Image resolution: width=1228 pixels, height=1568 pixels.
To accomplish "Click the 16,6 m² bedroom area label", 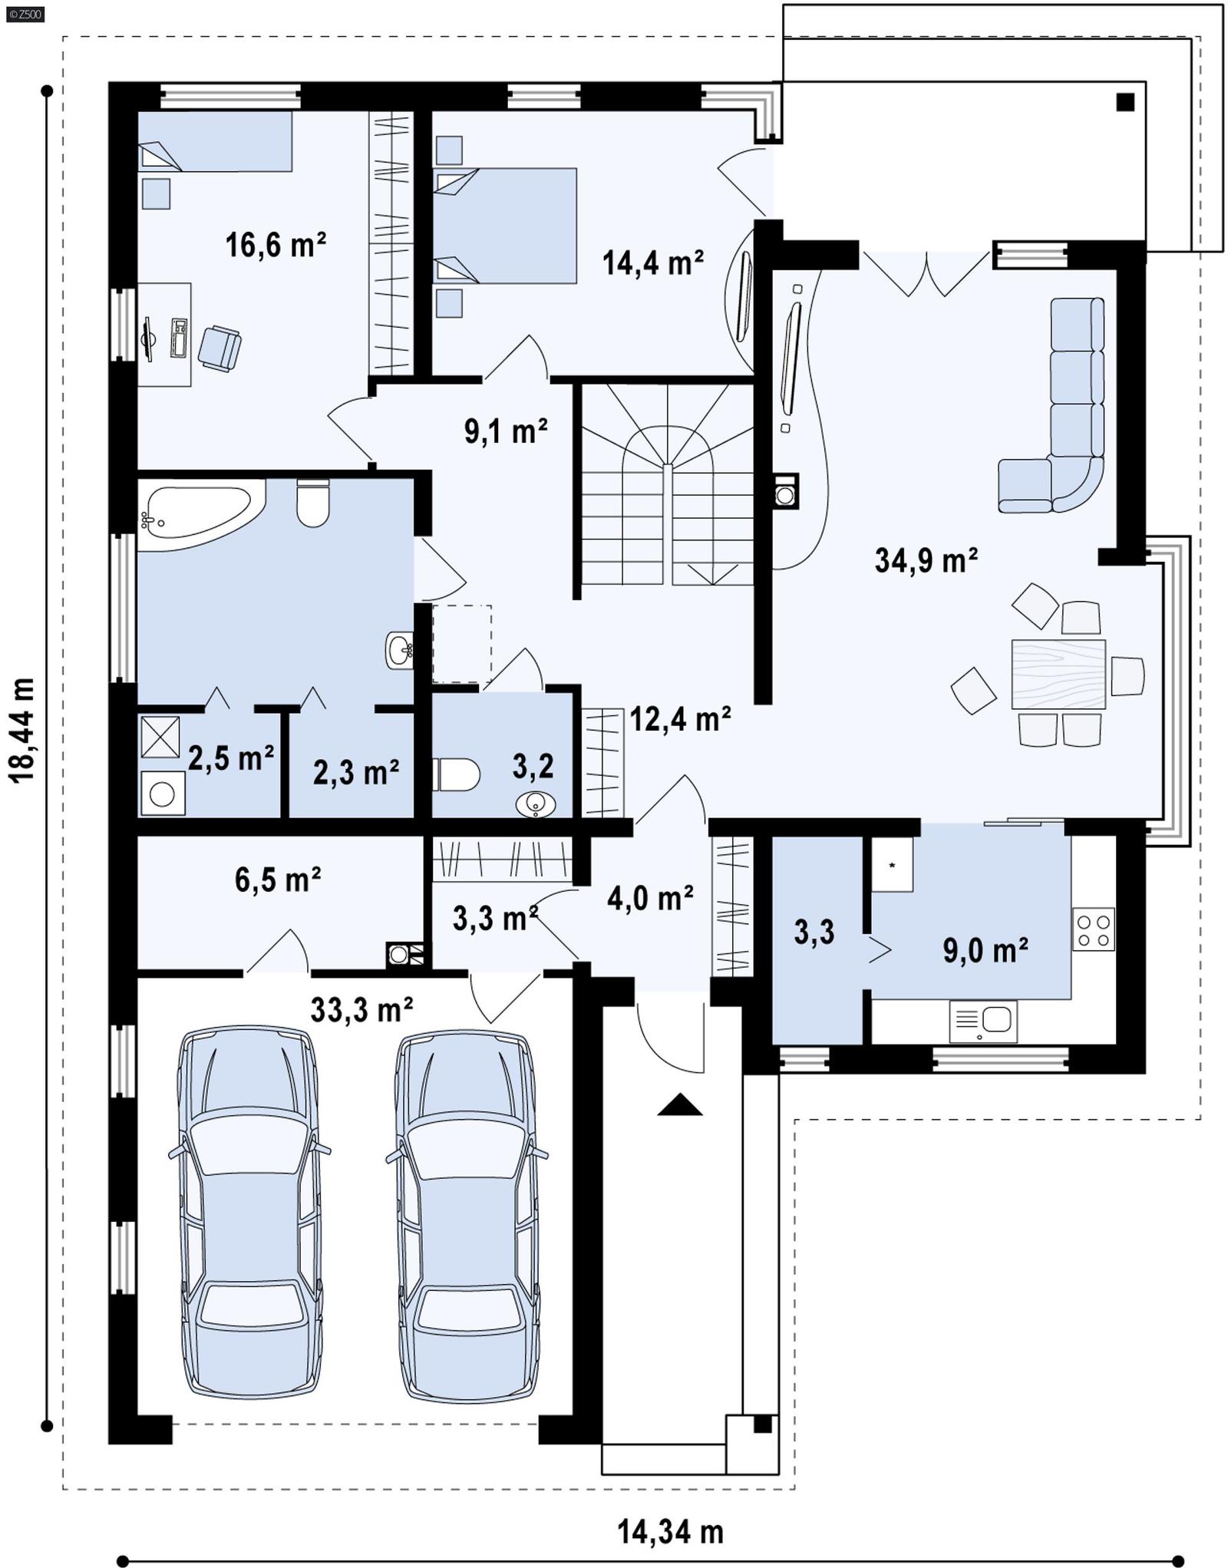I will (x=275, y=246).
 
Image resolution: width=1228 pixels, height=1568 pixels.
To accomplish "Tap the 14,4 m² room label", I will (x=652, y=263).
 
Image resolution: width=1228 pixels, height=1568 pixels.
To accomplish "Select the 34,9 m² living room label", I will (x=926, y=560).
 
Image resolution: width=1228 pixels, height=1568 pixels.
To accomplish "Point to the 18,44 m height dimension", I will (x=22, y=730).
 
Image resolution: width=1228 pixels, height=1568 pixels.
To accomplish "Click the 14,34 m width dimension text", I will (x=670, y=1532).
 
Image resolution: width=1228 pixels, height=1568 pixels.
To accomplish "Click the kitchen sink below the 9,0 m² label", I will (x=983, y=1021).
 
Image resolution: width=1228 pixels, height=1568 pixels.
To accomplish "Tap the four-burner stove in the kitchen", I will (x=1093, y=929).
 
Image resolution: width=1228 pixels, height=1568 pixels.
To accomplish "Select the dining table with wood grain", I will (x=1058, y=674).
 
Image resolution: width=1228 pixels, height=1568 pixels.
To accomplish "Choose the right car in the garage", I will (x=466, y=1216).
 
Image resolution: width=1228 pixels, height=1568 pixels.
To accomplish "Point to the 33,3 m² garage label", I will (x=361, y=1010).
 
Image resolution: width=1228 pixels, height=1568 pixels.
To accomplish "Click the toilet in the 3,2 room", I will (x=456, y=774).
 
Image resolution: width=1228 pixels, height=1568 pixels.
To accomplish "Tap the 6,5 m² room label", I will (x=277, y=880).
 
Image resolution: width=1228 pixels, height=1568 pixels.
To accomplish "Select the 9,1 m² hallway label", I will (x=505, y=431).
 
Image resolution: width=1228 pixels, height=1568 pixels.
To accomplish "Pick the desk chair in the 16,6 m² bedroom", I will (x=220, y=348).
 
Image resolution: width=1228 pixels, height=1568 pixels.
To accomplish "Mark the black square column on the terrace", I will (x=1125, y=102).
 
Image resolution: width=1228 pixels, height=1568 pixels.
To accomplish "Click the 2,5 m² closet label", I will (x=230, y=758).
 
